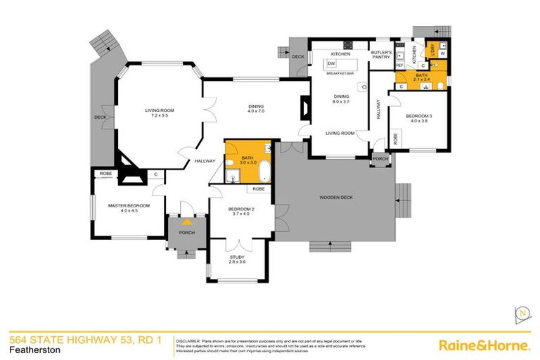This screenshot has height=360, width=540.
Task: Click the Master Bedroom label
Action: [126, 206]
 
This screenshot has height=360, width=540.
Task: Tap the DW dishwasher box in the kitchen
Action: [330, 63]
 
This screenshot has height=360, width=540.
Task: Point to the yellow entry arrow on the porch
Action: [187, 220]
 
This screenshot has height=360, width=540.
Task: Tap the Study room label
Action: [238, 257]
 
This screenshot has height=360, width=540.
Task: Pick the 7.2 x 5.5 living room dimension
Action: [160, 116]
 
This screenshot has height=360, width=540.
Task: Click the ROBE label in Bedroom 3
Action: [397, 139]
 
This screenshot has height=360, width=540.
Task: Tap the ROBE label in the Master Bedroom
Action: [106, 173]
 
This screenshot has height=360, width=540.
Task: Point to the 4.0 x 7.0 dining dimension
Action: [255, 112]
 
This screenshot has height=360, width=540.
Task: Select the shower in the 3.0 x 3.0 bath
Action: [233, 174]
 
